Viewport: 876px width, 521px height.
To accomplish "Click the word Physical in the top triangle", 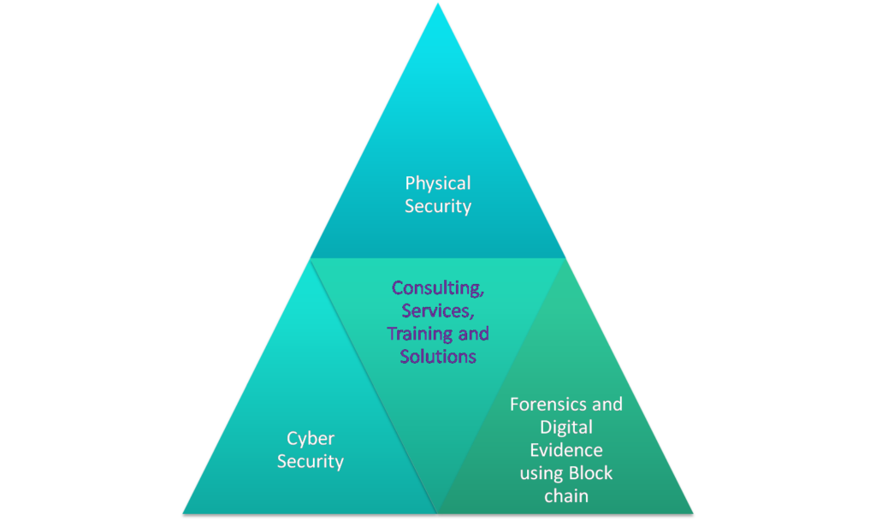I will pos(438,183).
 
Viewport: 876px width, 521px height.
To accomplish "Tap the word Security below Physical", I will pos(438,206).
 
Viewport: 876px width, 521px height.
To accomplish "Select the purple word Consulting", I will pos(437,288).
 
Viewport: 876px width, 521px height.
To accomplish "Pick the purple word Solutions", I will pos(438,356).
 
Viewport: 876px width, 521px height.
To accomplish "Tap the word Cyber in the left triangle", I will pos(311,438).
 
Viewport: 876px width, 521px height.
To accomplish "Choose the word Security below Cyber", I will pos(311,462).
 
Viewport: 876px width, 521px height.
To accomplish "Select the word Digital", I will pos(566,427).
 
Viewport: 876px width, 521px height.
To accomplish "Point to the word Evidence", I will pos(566,450).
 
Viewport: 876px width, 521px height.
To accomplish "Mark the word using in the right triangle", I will pos(542,473).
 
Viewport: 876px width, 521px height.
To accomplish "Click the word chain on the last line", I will pos(566,496).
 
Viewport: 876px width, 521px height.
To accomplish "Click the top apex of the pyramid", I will pos(438,3).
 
